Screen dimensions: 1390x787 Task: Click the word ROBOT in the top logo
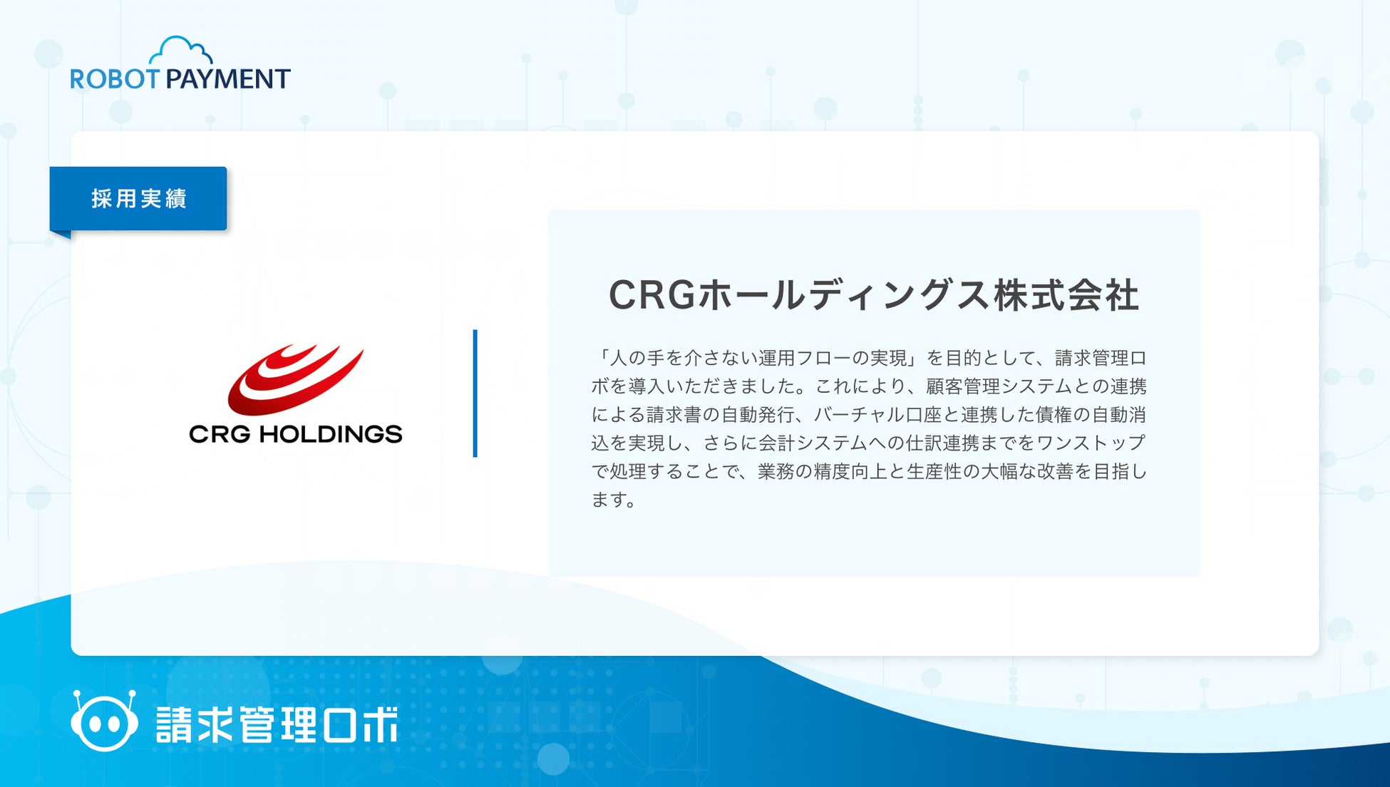tap(114, 78)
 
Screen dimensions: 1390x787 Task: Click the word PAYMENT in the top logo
tap(228, 78)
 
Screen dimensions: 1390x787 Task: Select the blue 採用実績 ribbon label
tap(138, 198)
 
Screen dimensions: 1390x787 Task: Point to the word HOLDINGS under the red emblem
tap(331, 433)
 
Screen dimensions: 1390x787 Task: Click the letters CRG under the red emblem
tap(220, 433)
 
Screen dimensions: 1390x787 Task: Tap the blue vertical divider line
tap(475, 393)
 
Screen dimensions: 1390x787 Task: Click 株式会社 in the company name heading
tap(1066, 295)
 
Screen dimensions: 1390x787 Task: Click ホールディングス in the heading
tap(845, 295)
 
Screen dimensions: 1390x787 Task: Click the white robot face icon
tap(104, 721)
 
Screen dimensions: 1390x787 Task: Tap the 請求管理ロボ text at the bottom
tap(277, 724)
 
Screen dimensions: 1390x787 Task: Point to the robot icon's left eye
tap(93, 724)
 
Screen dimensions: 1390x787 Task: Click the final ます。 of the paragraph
tap(614, 500)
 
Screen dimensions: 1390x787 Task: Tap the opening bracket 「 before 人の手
tap(601, 358)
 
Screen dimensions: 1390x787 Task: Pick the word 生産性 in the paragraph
tap(934, 472)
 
